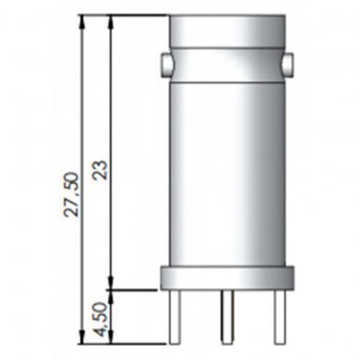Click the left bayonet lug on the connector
click(x=164, y=64)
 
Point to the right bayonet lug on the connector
click(x=290, y=64)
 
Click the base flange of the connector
click(x=227, y=276)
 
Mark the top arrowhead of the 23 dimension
click(x=111, y=21)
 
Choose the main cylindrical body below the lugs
click(x=227, y=166)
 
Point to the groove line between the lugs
click(x=227, y=47)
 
